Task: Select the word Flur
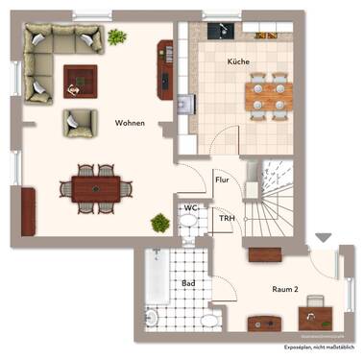point(222,180)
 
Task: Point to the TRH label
point(227,219)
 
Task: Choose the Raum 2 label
point(285,288)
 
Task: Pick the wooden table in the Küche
point(266,95)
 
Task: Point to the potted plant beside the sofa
point(117,37)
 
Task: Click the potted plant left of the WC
point(158,223)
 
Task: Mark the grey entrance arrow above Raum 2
point(323,236)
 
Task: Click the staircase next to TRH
point(269,206)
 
